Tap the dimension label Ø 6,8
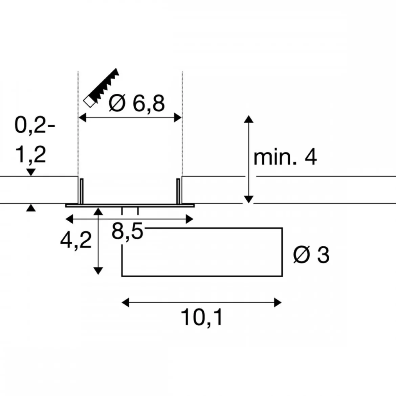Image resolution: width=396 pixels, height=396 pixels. [x=137, y=103]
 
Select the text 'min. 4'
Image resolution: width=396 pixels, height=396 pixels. [x=285, y=158]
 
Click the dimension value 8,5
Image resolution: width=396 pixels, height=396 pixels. [x=127, y=232]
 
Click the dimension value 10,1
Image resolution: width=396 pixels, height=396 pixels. [x=202, y=318]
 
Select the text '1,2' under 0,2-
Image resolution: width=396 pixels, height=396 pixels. [x=30, y=155]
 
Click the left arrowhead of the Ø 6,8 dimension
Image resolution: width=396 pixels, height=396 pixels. [x=82, y=118]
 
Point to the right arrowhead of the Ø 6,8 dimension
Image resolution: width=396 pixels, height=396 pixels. [x=178, y=118]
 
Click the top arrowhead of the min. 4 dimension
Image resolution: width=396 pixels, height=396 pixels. [x=249, y=119]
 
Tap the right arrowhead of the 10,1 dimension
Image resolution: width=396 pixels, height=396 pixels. [x=278, y=302]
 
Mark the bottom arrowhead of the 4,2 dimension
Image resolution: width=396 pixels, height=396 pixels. [x=98, y=271]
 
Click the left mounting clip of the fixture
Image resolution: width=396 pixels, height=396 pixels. [x=81, y=191]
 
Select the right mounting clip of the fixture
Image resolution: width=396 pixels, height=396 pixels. [x=178, y=191]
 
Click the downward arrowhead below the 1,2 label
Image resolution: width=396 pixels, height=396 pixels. [x=31, y=173]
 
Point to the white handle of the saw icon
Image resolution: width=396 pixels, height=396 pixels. [x=89, y=102]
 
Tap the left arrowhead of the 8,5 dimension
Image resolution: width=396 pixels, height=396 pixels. [x=69, y=219]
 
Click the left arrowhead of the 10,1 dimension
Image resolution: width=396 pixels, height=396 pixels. [x=126, y=302]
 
